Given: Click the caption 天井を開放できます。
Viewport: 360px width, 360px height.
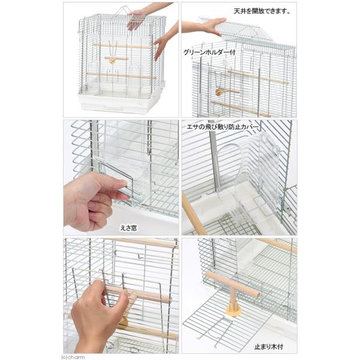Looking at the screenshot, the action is [x=262, y=11].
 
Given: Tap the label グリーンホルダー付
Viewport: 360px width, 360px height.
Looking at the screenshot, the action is [x=209, y=52].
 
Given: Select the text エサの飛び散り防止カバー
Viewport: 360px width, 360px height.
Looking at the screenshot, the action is [x=223, y=127].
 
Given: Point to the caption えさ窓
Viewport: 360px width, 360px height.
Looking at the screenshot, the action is [x=128, y=228].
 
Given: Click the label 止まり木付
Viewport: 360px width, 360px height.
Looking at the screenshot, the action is [x=269, y=347].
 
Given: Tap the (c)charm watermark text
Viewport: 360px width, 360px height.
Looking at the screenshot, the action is [x=73, y=357].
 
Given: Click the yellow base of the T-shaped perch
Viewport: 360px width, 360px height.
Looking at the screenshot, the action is [x=233, y=311].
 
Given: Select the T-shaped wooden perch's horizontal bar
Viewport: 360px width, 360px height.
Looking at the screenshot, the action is [x=232, y=284].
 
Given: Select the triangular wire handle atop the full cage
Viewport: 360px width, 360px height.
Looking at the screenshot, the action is [x=123, y=11].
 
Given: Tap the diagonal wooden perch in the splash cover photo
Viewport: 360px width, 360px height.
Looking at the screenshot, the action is [x=194, y=214].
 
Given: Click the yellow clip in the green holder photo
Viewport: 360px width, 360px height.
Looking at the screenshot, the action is [x=219, y=92].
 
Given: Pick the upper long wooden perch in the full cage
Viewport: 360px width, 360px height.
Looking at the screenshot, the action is [x=122, y=46].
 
